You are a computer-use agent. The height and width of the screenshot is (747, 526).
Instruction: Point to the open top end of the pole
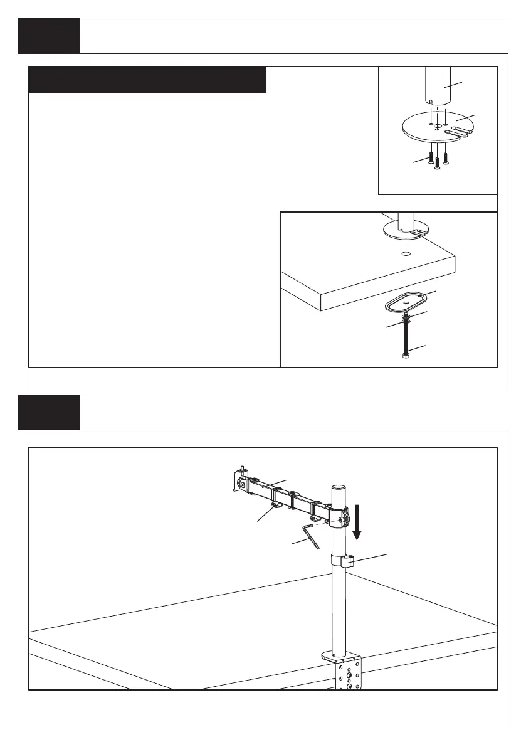338,487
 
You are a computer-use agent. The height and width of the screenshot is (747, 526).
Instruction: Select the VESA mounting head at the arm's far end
241,480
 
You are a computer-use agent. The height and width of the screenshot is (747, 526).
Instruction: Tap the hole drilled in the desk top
405,254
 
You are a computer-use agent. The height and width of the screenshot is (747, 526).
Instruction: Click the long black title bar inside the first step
148,80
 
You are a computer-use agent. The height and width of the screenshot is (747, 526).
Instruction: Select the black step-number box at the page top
49,36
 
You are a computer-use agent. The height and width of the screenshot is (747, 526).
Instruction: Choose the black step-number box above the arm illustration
49,412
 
